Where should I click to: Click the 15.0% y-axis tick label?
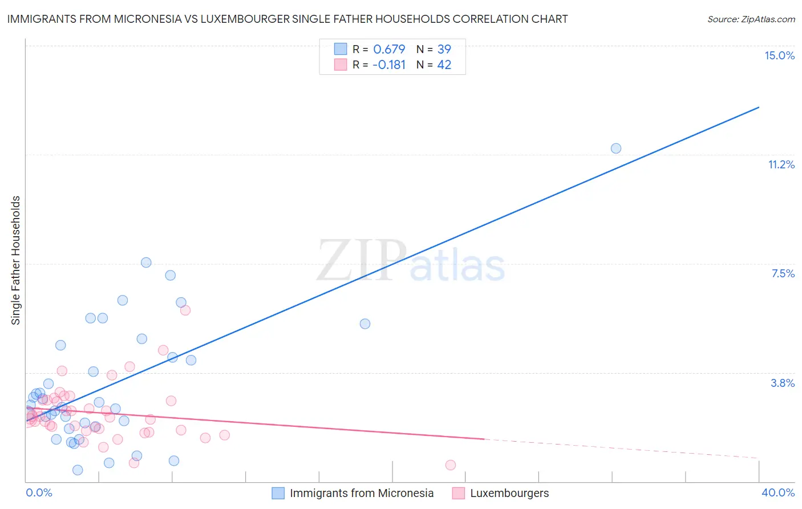coord(779,55)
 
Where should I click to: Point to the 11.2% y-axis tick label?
coord(781,164)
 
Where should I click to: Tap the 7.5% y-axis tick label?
coord(783,273)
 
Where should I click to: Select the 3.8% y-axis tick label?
coord(783,383)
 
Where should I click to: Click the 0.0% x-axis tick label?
coord(39,492)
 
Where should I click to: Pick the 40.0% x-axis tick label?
coord(777,492)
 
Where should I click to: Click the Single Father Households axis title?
coord(16,260)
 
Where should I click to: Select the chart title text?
coord(287,19)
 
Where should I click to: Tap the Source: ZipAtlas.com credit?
coord(751,19)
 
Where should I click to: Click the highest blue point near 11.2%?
coord(616,148)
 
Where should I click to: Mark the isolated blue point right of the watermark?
coord(365,324)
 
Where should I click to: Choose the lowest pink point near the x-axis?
coord(451,465)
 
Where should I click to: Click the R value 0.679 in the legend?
coord(389,49)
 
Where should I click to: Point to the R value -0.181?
coord(389,65)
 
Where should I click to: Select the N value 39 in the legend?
coord(444,49)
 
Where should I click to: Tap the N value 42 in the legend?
coord(444,65)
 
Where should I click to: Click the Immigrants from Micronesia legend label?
coord(362,493)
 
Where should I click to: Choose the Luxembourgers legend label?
coord(509,493)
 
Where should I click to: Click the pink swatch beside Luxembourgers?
coord(459,493)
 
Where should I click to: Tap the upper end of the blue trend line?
coord(759,107)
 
